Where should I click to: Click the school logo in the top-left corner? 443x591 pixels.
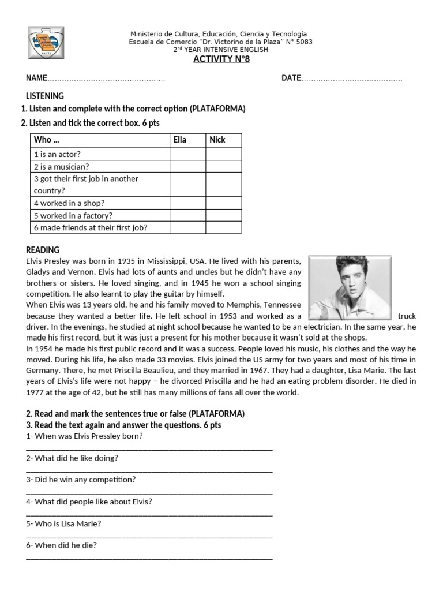(x=46, y=42)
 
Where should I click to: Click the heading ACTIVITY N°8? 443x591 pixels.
(x=221, y=59)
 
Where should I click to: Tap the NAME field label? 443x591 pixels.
(x=35, y=78)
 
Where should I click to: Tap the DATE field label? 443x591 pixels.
(x=291, y=78)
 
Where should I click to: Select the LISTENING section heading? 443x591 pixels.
(x=45, y=96)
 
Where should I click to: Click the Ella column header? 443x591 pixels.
(x=181, y=140)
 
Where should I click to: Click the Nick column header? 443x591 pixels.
(x=217, y=140)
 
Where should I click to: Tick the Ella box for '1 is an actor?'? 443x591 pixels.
(x=187, y=154)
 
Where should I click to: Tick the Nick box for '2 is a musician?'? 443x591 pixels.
(x=224, y=166)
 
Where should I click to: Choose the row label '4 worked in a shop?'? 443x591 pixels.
(x=69, y=203)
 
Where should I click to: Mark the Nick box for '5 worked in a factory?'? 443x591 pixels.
(x=224, y=215)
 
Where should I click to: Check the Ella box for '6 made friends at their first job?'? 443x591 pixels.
(x=187, y=227)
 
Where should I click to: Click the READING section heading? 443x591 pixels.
(x=43, y=250)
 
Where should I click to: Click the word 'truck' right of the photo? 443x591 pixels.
(x=407, y=316)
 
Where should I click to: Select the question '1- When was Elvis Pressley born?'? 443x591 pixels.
(x=85, y=436)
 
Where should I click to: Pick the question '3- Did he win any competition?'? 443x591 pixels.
(x=81, y=480)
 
